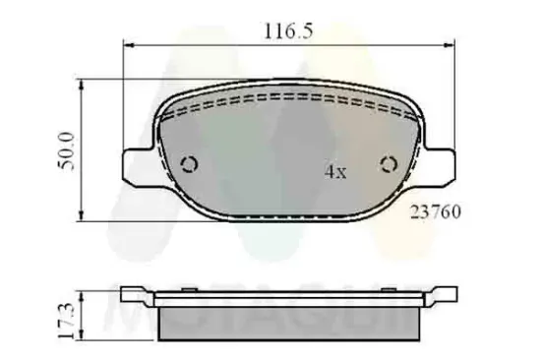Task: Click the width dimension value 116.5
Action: (x=287, y=31)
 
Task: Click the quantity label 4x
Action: (x=335, y=171)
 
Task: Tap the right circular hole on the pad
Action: (x=390, y=164)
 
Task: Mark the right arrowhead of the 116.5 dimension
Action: (x=453, y=45)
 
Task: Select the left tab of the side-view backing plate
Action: (x=135, y=293)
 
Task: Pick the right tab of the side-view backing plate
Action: (x=443, y=293)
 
